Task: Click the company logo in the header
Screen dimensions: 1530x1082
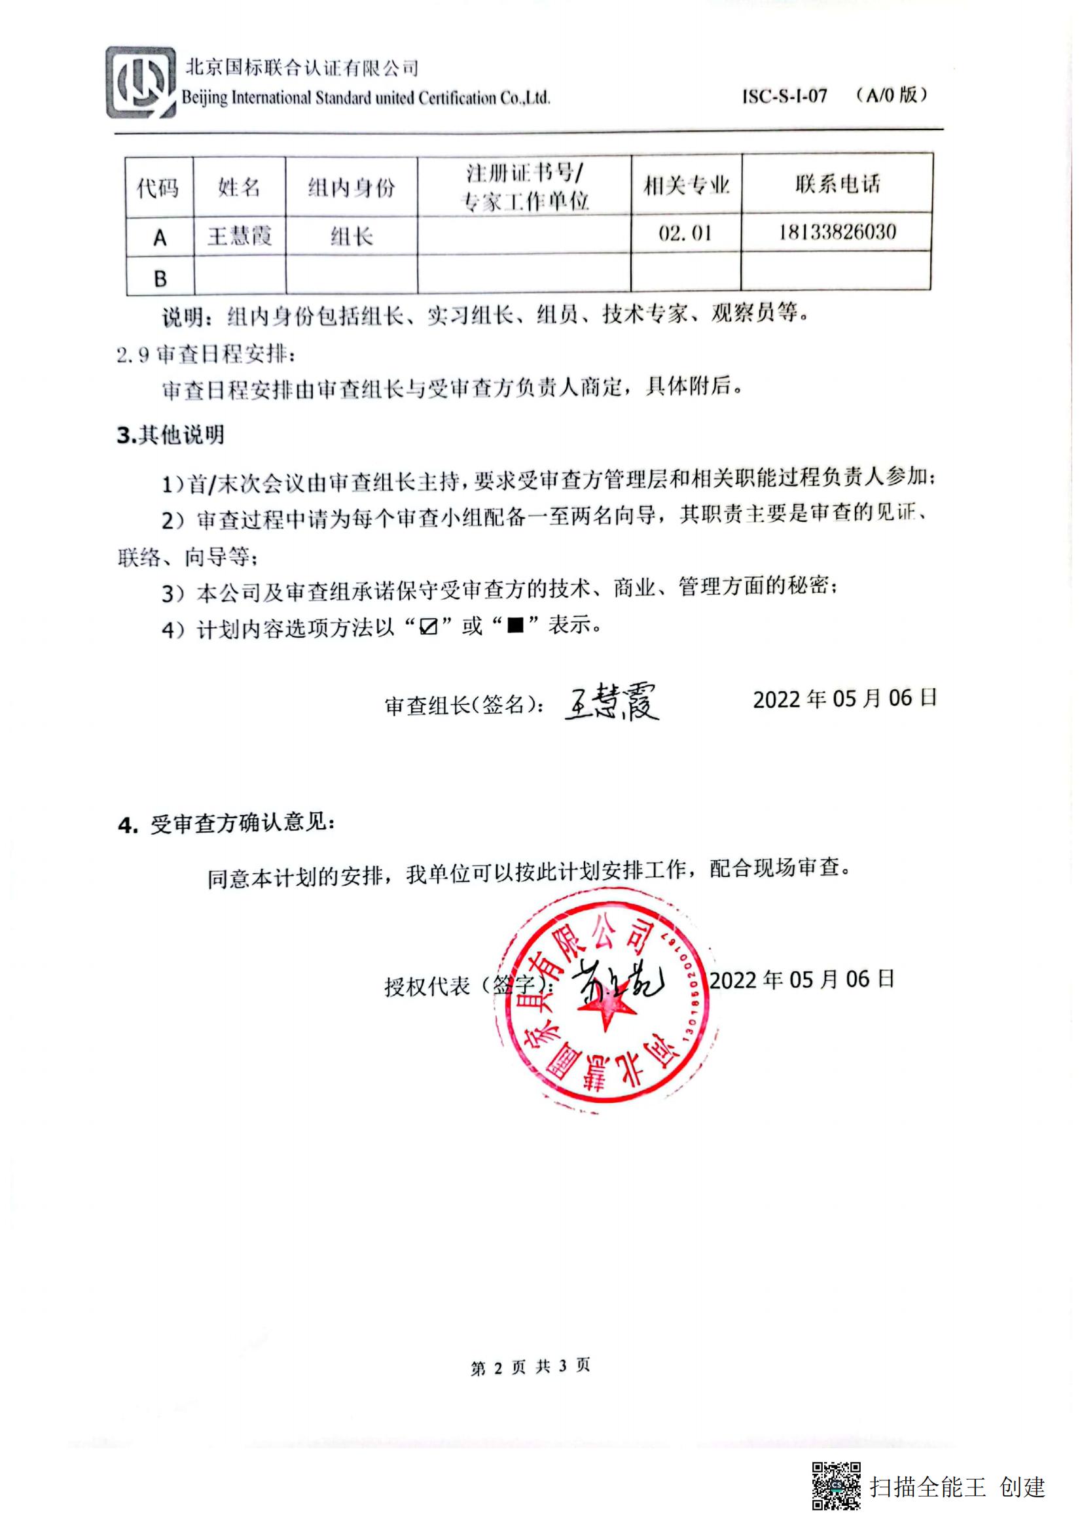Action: click(141, 83)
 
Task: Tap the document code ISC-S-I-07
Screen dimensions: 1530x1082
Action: click(785, 97)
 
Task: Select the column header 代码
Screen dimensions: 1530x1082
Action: click(158, 188)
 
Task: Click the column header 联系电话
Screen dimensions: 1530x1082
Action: click(837, 184)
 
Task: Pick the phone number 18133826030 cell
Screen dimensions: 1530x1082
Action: click(837, 233)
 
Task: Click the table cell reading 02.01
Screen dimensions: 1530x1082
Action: click(685, 234)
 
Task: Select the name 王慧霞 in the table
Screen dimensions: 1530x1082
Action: click(240, 237)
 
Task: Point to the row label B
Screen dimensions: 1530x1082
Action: click(160, 279)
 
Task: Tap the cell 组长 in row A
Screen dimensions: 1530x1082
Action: click(352, 237)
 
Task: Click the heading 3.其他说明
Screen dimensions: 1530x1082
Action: click(171, 435)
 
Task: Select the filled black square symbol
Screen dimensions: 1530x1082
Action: click(515, 626)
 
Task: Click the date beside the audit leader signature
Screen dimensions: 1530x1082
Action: click(844, 699)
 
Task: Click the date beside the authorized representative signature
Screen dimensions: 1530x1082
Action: click(801, 980)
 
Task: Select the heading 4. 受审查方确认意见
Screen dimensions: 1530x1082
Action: click(226, 824)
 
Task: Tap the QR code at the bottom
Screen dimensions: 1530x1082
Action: click(835, 1486)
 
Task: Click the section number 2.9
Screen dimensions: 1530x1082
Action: click(133, 355)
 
